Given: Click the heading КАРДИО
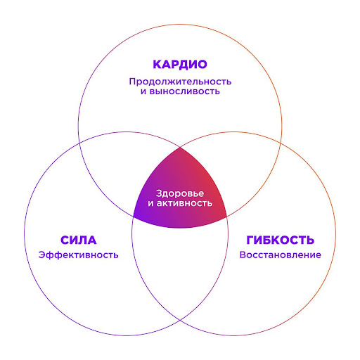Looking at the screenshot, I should click(179, 65).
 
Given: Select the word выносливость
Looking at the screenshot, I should click(186, 92).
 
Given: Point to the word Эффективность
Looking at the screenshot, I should click(79, 254).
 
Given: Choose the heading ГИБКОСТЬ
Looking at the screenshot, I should click(280, 239).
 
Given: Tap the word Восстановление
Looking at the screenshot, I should click(280, 254).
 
